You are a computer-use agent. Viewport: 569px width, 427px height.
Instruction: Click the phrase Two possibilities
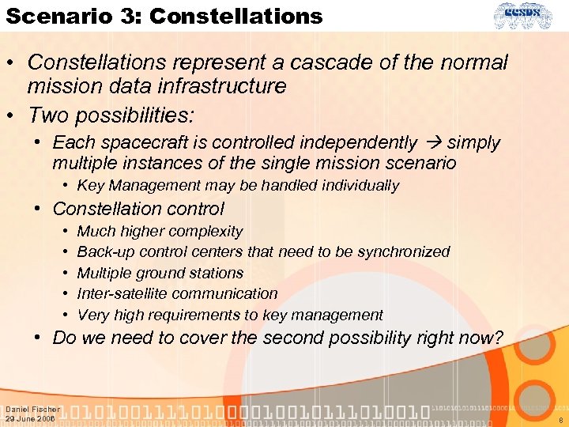(111, 115)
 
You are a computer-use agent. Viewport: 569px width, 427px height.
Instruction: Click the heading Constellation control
(138, 209)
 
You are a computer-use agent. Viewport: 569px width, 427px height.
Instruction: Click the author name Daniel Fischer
(32, 410)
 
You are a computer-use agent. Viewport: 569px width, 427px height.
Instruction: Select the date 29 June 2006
(30, 419)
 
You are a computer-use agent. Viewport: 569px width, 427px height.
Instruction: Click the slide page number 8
(560, 421)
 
